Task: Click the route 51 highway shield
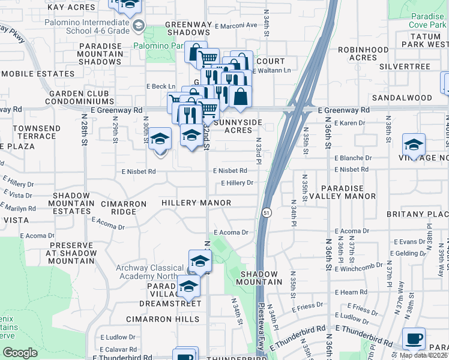click(265, 212)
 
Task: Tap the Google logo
click(20, 353)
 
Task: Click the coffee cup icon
click(414, 338)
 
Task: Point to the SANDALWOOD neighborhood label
click(402, 98)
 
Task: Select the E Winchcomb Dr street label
click(358, 267)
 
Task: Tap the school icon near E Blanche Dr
click(414, 145)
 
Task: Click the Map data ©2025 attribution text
click(423, 355)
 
